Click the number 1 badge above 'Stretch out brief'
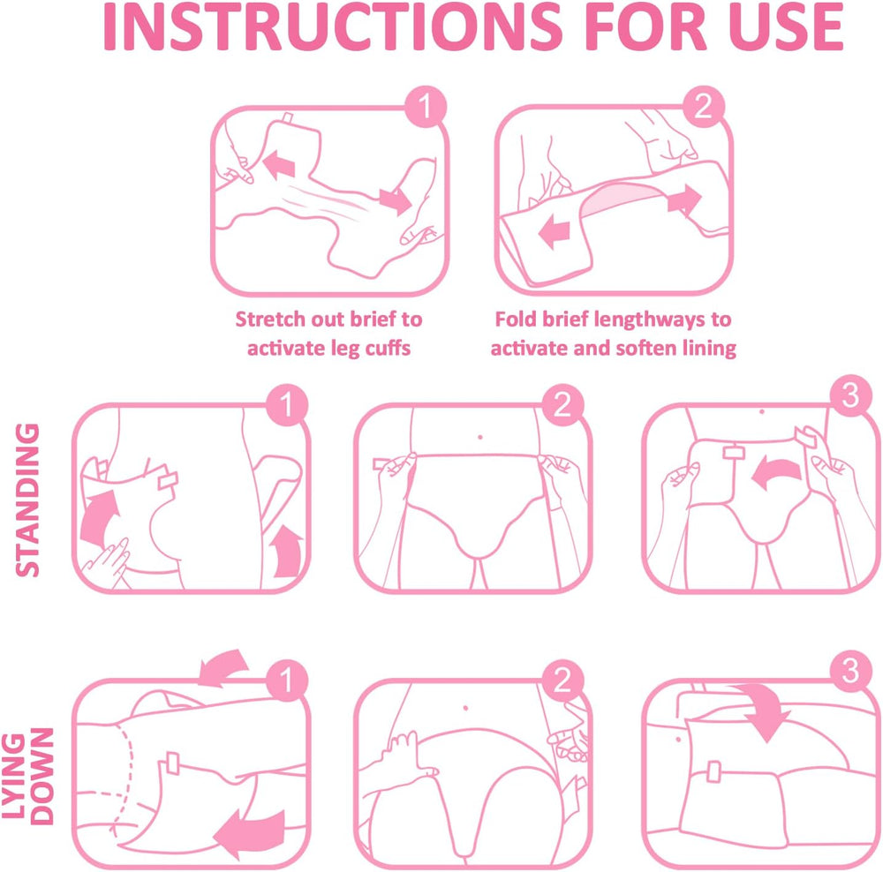[x=425, y=108]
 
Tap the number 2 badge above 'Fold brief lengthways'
[x=703, y=108]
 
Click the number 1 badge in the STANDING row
[x=287, y=405]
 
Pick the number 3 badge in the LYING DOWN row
[x=849, y=673]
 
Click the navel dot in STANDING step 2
[x=478, y=436]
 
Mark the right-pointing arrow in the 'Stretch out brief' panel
[x=394, y=199]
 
